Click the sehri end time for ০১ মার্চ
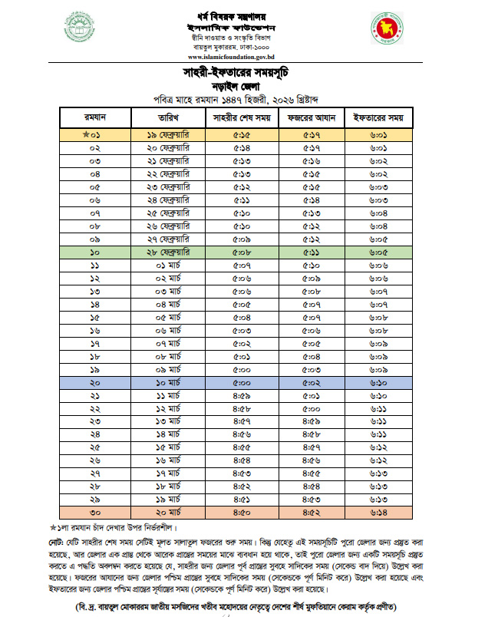[x=240, y=264]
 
